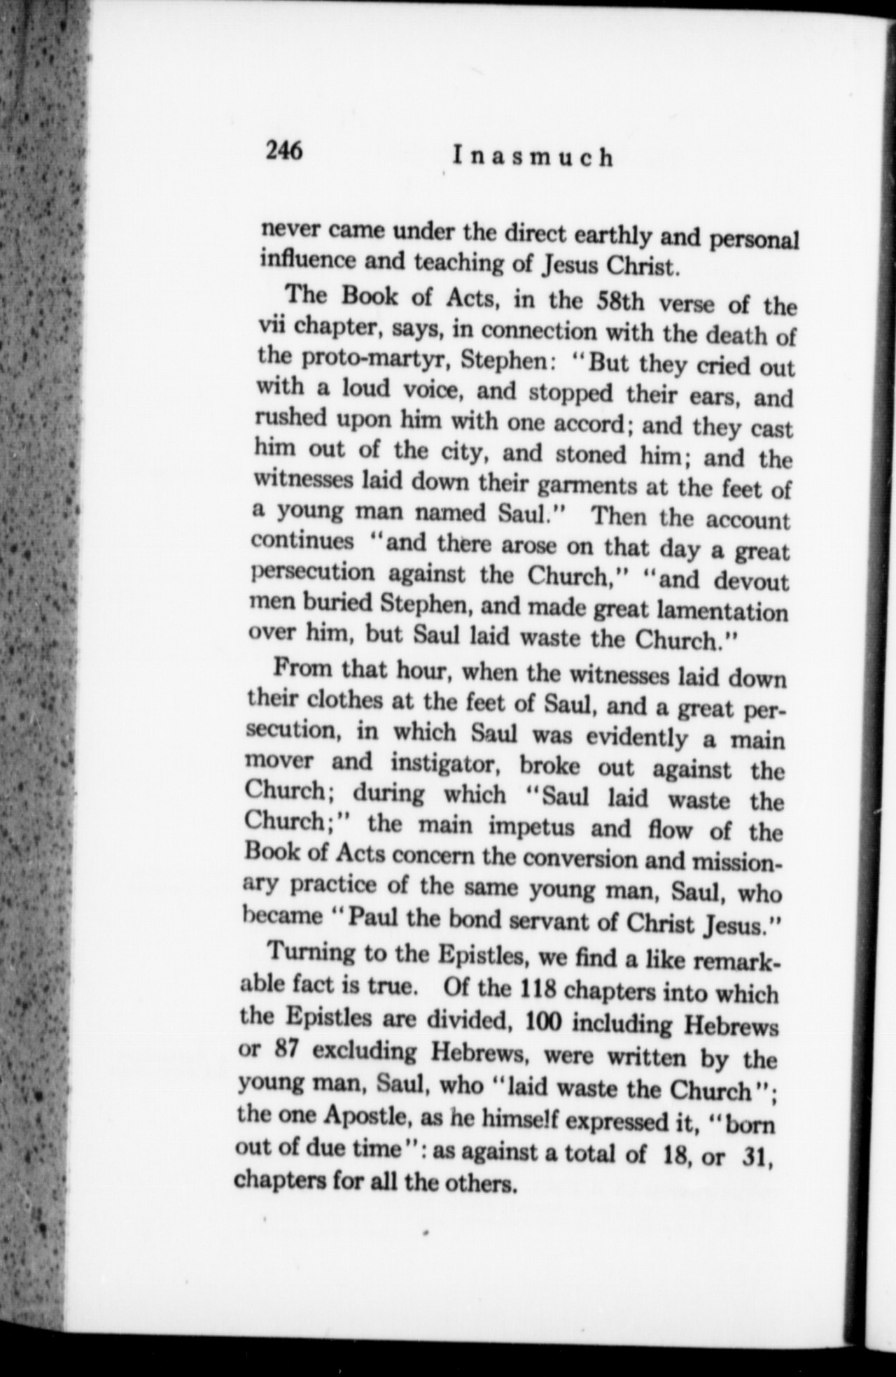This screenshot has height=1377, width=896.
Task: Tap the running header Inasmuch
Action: (x=532, y=157)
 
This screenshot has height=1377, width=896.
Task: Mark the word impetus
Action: (x=533, y=826)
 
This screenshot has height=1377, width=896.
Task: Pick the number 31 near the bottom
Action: (x=755, y=1155)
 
